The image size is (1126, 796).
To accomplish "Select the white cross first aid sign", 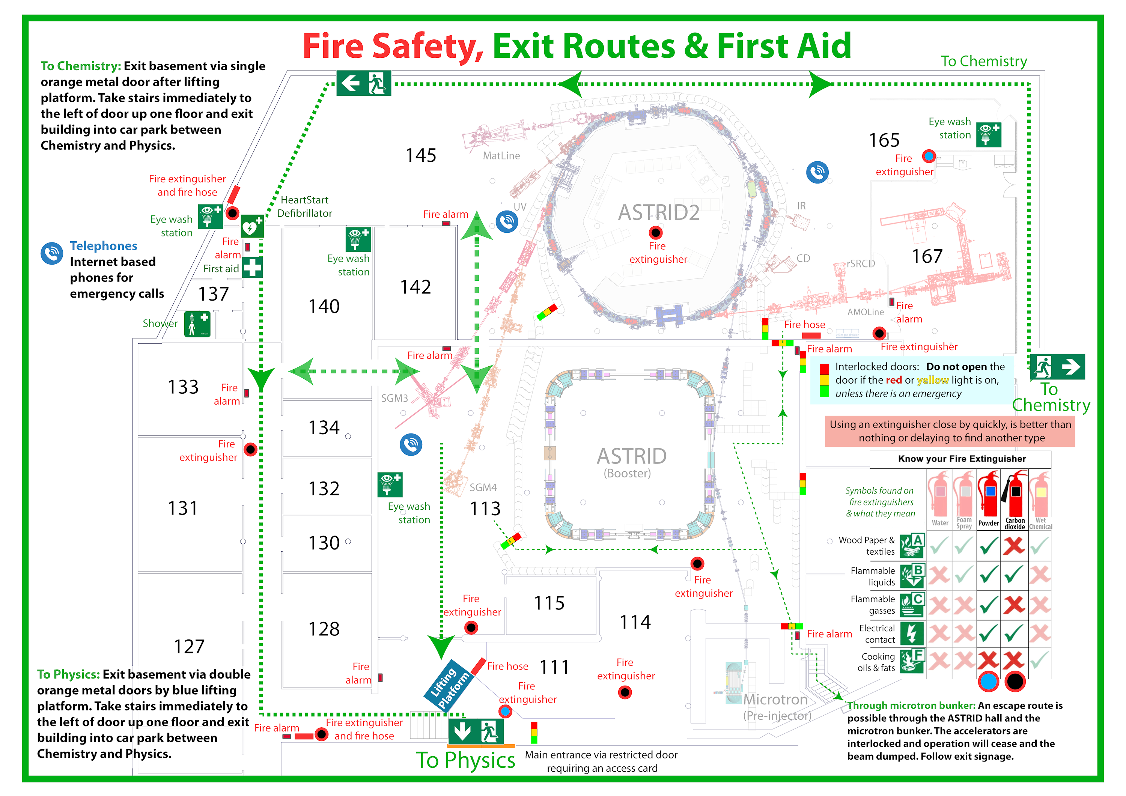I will pos(252,268).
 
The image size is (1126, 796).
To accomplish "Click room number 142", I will pos(415,287).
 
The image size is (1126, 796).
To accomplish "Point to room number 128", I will pos(324,629).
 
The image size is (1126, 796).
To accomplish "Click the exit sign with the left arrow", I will pos(363,83).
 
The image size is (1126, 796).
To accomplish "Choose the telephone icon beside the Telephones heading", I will pos(51,253).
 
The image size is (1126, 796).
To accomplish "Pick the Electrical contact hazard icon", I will pos(912,633).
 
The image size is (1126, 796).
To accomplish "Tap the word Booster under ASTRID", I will pos(627,473).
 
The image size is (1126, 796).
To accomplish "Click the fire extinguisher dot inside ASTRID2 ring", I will pos(655,232).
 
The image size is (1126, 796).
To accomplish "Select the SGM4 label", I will pos(483,488).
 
